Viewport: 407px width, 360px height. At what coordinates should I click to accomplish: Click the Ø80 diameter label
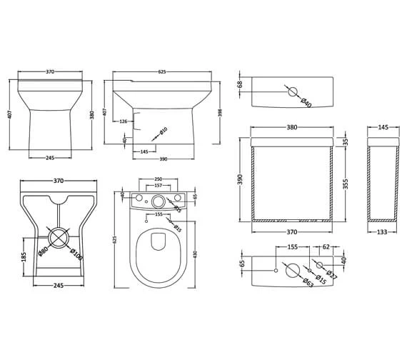click(x=44, y=250)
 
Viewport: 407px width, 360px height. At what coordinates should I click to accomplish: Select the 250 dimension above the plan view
click(x=159, y=179)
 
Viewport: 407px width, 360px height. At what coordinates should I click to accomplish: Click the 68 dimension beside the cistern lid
click(x=241, y=84)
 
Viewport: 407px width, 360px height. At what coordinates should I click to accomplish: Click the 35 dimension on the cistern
click(x=347, y=141)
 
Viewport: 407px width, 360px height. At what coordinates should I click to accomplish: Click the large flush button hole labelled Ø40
click(x=292, y=91)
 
